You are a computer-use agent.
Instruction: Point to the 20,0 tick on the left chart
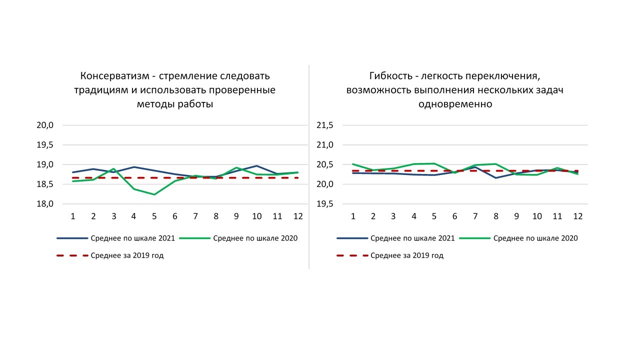pos(45,125)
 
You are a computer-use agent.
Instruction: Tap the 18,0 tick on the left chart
pos(45,204)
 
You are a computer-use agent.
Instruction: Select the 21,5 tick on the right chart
pos(325,125)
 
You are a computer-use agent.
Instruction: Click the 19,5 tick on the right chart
pos(325,204)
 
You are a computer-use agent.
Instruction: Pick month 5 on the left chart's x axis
pos(154,216)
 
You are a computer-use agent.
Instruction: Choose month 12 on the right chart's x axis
pos(578,216)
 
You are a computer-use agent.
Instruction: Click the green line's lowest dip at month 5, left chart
pos(154,194)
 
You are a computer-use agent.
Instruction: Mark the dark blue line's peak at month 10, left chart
pos(257,165)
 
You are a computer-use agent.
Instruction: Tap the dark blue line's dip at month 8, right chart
pos(496,177)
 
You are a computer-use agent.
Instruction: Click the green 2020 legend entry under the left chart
pos(255,238)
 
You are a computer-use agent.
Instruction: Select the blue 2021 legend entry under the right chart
pos(412,238)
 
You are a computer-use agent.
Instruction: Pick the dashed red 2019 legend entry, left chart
pos(127,255)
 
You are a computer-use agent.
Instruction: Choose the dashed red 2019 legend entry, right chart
pos(407,255)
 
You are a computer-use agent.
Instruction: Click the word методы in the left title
pos(154,104)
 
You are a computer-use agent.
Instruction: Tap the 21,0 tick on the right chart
pos(325,145)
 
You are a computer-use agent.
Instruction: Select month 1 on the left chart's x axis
pos(73,216)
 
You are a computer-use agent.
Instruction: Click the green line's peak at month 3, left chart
pos(113,169)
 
